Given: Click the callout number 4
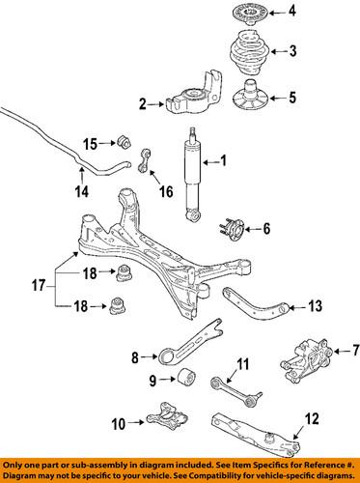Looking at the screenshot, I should coord(294,13).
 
